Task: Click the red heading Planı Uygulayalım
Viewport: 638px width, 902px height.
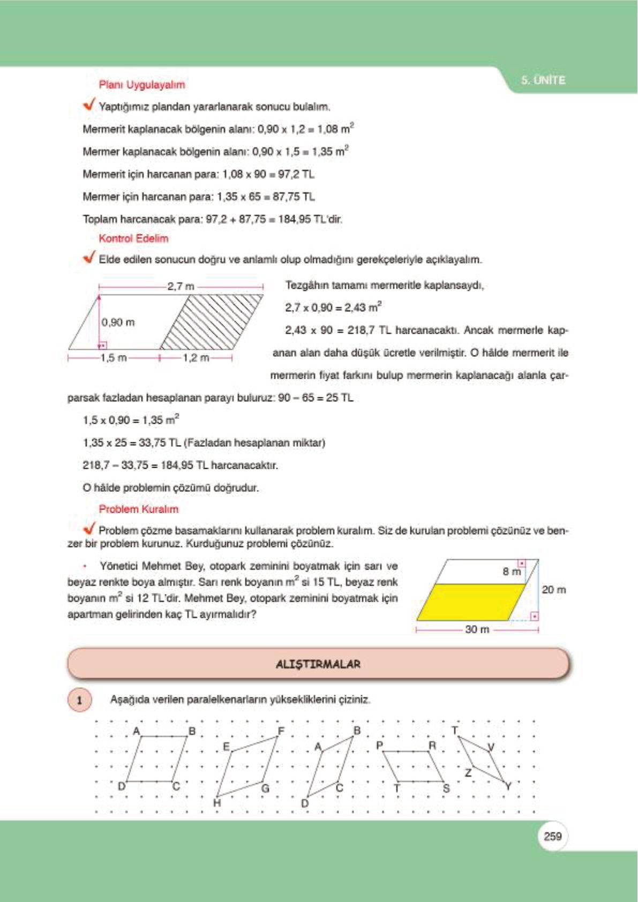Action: click(x=141, y=85)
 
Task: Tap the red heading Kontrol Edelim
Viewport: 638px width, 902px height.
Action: click(x=133, y=238)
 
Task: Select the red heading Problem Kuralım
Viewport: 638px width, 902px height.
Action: click(x=138, y=509)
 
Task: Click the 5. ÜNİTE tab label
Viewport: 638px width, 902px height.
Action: click(x=543, y=80)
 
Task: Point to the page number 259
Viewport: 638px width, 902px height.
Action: click(x=552, y=836)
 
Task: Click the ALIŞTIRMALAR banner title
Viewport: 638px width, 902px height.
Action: click(x=318, y=664)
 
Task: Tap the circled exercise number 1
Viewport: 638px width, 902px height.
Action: click(x=80, y=700)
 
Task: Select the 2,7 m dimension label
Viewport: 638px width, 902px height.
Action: click(x=181, y=287)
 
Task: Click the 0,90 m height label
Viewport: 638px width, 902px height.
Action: click(x=118, y=322)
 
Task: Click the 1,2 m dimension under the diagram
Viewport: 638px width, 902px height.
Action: click(x=196, y=358)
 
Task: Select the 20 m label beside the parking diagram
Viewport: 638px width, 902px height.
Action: click(x=553, y=590)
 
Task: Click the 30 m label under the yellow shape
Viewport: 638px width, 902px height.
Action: click(x=477, y=629)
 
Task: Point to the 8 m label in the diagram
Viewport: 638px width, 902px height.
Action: click(x=511, y=572)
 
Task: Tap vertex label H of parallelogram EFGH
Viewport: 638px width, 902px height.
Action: click(x=216, y=802)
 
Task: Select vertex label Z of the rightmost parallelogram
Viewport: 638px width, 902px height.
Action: click(x=468, y=772)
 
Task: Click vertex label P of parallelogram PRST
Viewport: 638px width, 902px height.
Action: click(x=379, y=745)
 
